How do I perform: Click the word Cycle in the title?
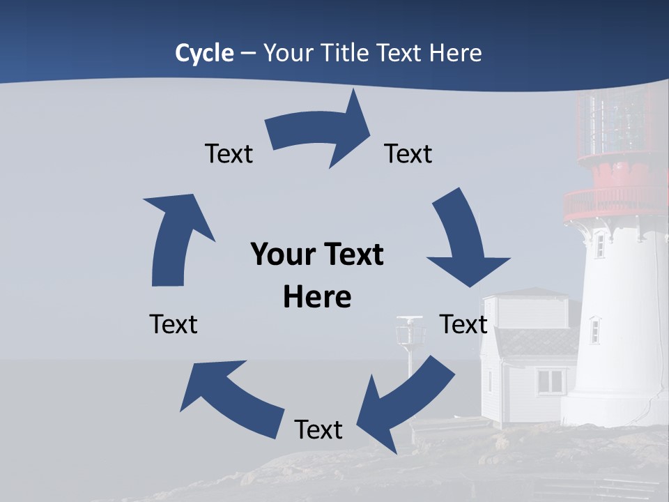point(204,53)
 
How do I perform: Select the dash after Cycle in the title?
point(247,54)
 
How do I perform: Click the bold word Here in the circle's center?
point(317,297)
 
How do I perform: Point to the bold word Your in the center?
point(283,254)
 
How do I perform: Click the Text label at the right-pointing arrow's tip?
point(408,153)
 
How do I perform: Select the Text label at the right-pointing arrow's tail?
point(229,153)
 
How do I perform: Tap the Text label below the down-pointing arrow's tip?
point(463,324)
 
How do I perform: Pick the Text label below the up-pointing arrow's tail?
point(174,324)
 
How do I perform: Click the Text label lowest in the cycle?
point(318,429)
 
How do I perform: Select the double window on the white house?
point(551,381)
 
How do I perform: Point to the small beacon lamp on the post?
point(410,330)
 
